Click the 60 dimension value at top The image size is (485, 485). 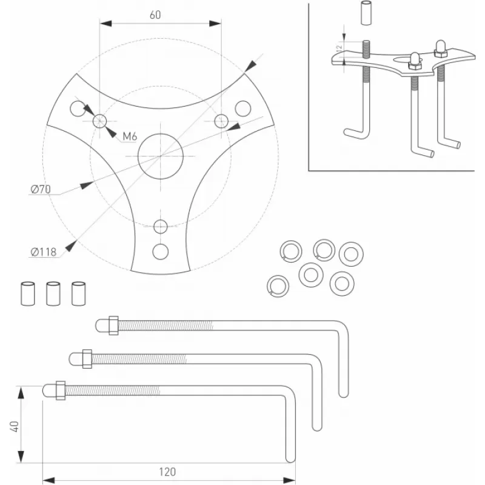(155, 15)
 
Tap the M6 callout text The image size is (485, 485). (130, 136)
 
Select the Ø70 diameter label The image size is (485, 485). (41, 189)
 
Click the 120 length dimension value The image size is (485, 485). (167, 472)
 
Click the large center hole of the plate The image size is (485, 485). (160, 156)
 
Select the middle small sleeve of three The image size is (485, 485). (53, 293)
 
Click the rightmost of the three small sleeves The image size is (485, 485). (78, 293)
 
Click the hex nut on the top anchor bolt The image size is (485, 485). (113, 326)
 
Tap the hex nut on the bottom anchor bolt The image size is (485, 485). (60, 390)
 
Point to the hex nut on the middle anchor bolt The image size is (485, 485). (86, 358)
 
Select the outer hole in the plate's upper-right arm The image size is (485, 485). (243, 108)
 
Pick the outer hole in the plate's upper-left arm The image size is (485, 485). (77, 109)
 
